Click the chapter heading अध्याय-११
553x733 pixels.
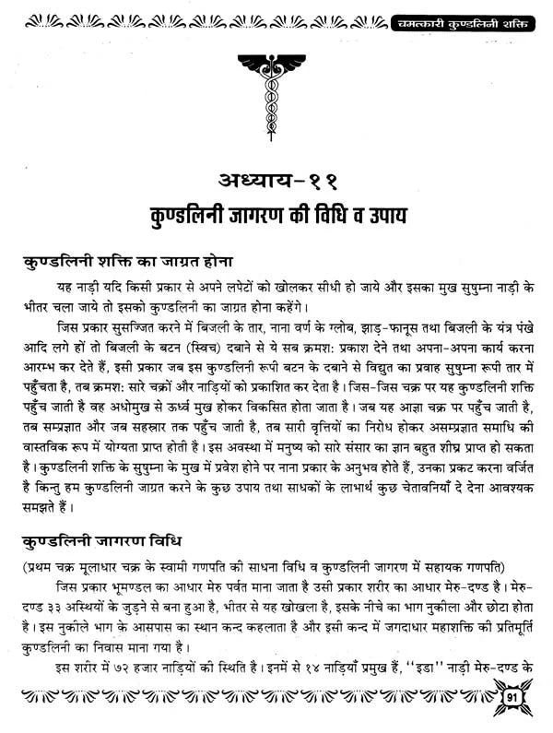click(276, 182)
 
